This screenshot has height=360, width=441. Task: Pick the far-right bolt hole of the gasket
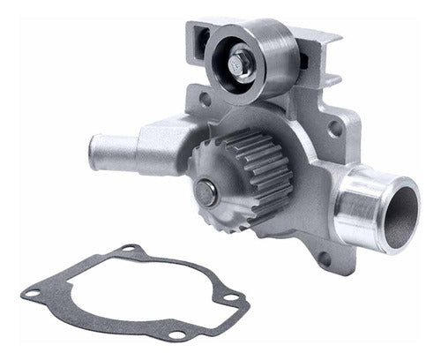(x=232, y=299)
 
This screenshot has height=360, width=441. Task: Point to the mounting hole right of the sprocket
(x=333, y=129)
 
